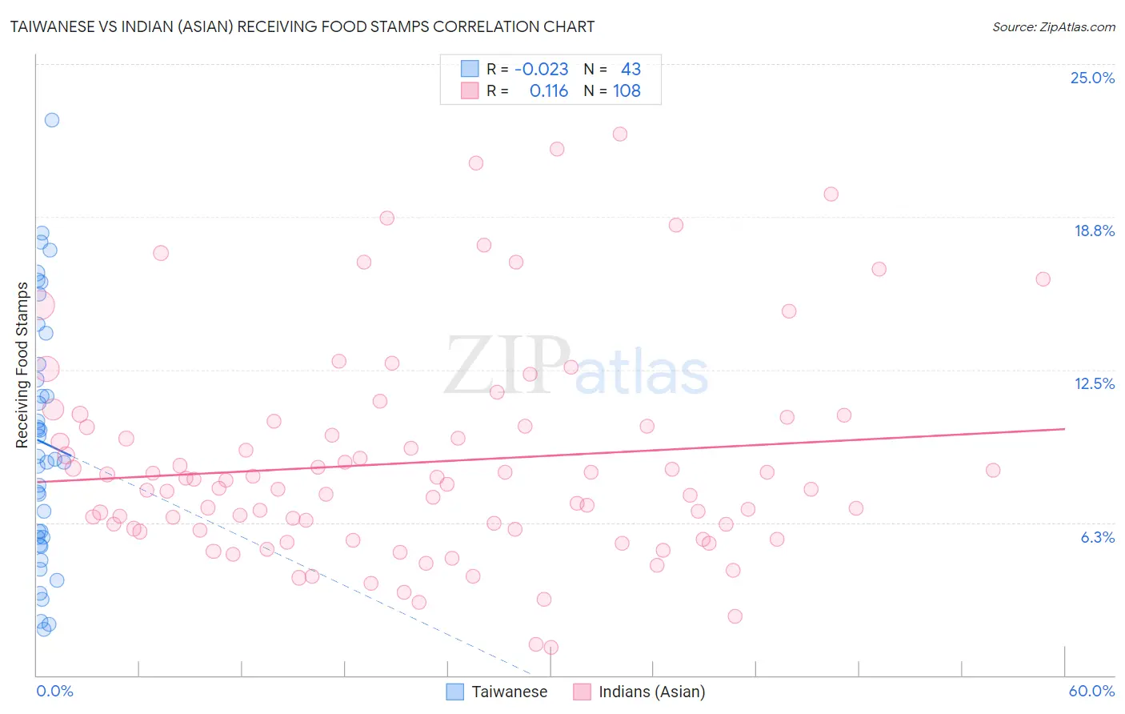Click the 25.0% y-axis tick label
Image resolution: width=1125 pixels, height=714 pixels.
[1092, 78]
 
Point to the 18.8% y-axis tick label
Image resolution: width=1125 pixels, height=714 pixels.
[1094, 231]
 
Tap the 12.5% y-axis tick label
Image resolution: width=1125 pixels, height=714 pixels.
[1094, 383]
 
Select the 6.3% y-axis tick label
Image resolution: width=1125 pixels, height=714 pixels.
[1097, 537]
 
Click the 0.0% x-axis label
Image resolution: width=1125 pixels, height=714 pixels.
[54, 691]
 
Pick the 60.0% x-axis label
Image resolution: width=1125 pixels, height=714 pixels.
[1091, 691]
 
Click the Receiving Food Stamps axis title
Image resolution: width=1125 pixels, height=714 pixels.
[22, 365]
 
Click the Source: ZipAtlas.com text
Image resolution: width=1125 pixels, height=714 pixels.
[1053, 26]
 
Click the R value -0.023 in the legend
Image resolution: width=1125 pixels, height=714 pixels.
[541, 69]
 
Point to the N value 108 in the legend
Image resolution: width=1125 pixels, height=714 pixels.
[627, 91]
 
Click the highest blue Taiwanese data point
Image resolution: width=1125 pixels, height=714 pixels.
[52, 120]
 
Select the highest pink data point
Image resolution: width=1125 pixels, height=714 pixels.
[620, 134]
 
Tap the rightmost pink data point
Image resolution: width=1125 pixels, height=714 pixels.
[1043, 279]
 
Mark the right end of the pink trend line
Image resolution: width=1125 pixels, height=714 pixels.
[1064, 429]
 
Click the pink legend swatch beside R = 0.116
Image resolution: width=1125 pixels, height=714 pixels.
[470, 91]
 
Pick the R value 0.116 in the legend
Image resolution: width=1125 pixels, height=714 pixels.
[548, 91]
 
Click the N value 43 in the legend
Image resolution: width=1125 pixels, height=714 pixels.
[631, 69]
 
